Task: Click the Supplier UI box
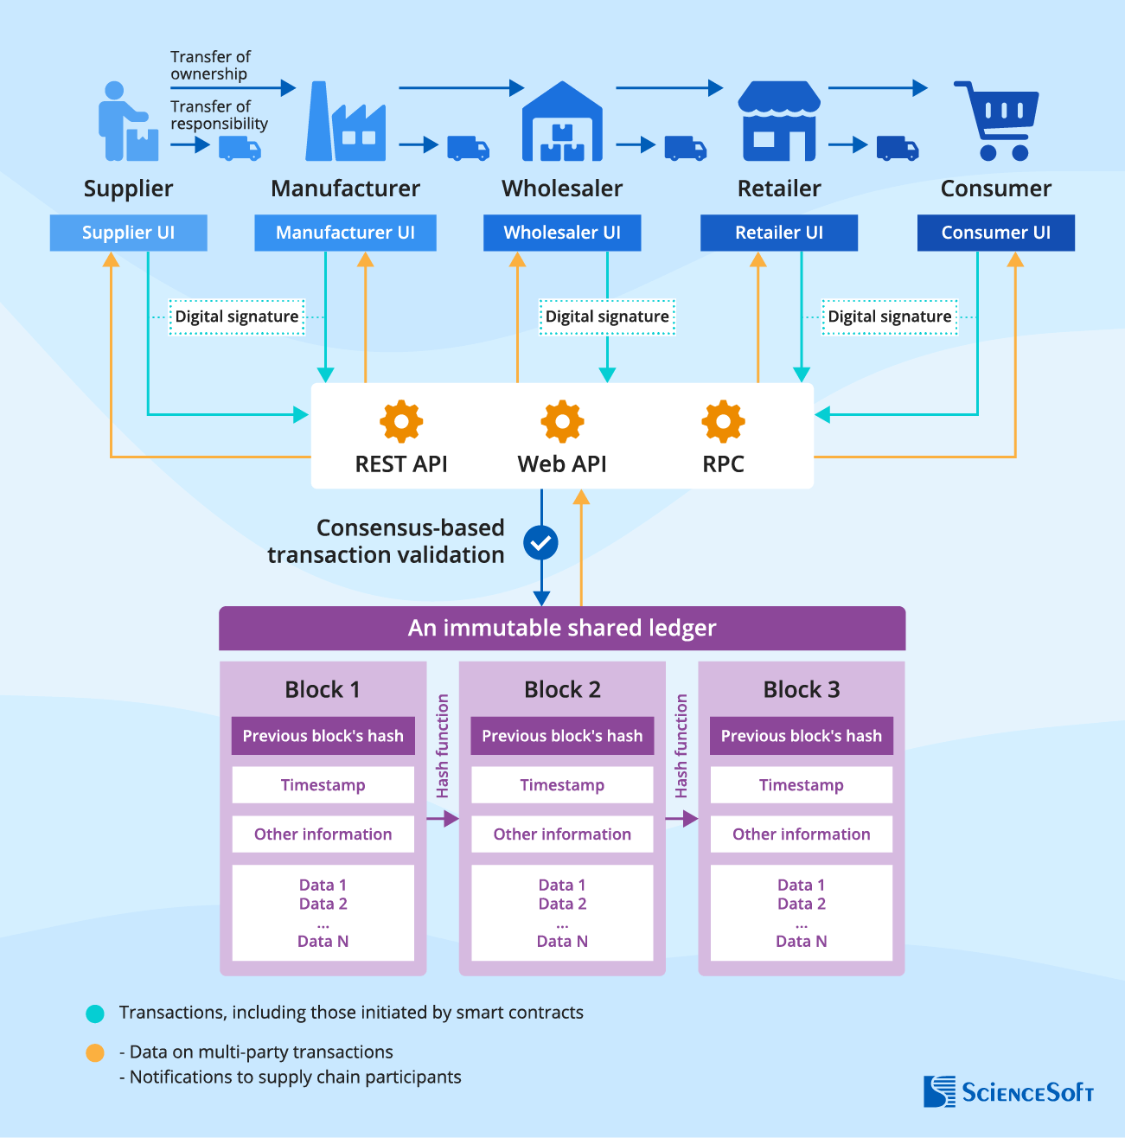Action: (x=128, y=233)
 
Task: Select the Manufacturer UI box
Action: (x=345, y=233)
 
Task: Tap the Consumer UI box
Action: (x=995, y=233)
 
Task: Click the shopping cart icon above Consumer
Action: (x=997, y=121)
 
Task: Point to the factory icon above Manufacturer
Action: (x=345, y=123)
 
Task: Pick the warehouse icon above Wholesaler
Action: (x=562, y=122)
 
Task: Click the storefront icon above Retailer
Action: (x=778, y=122)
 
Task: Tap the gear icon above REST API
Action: (x=401, y=422)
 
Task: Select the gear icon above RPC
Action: (x=723, y=422)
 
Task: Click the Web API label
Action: (x=562, y=464)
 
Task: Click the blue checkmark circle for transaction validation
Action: (x=541, y=543)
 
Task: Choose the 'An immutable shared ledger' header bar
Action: (x=562, y=628)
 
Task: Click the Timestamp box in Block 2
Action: (x=562, y=785)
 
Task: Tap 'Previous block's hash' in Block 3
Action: (x=801, y=736)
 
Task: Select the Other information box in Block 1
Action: (x=323, y=834)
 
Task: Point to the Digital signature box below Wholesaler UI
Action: (x=607, y=316)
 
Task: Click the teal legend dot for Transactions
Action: (x=95, y=1013)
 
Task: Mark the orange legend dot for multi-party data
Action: (x=95, y=1052)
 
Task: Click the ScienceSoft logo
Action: (x=1008, y=1091)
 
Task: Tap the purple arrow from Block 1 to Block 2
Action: (x=443, y=819)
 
